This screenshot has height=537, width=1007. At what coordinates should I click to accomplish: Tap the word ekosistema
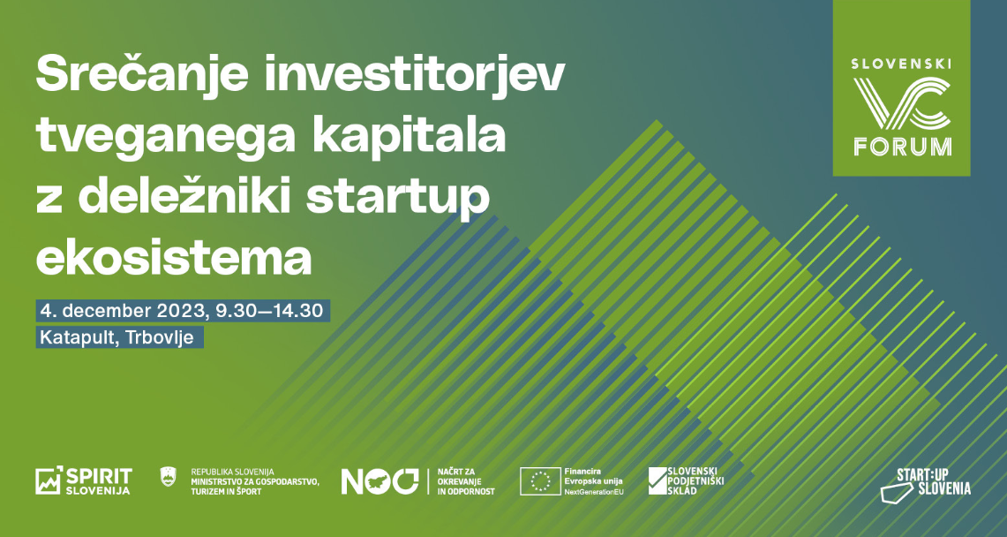click(174, 258)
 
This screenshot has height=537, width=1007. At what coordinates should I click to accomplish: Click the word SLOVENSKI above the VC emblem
click(901, 64)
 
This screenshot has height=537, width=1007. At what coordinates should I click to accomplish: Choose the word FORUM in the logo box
click(902, 147)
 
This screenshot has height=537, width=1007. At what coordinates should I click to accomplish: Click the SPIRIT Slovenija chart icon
click(49, 480)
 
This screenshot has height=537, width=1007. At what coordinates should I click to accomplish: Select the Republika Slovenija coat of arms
click(168, 477)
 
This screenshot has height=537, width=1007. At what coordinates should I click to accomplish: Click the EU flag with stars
click(541, 481)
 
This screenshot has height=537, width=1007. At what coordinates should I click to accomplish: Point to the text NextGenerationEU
click(594, 491)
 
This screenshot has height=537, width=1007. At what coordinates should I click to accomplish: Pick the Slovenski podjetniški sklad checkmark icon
click(658, 480)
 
